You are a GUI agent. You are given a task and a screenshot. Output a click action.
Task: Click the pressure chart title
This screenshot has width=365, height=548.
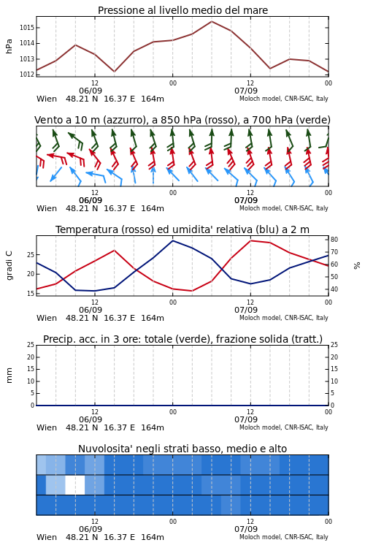pyautogui.click(x=182, y=10)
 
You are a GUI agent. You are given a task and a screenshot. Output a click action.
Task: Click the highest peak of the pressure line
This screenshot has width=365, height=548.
pyautogui.click(x=212, y=21)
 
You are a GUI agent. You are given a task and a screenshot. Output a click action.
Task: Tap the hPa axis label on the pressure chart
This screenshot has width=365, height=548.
pyautogui.click(x=9, y=46)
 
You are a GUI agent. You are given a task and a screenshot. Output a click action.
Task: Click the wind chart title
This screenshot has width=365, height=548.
pyautogui.click(x=182, y=120)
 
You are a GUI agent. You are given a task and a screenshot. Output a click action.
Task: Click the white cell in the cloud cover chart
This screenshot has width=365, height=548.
pyautogui.click(x=75, y=484)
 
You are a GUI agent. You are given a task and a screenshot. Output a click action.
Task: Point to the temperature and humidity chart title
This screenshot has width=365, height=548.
pyautogui.click(x=182, y=229)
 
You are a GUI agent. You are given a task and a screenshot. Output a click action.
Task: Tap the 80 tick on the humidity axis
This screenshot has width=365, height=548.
pyautogui.click(x=334, y=240)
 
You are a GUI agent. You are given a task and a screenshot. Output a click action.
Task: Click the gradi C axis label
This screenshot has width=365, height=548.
pyautogui.click(x=9, y=266)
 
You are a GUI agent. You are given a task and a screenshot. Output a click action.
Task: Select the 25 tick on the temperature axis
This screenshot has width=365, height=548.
pyautogui.click(x=31, y=255)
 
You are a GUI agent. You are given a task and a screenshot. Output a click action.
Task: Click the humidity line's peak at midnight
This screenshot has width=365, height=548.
pyautogui.click(x=172, y=240)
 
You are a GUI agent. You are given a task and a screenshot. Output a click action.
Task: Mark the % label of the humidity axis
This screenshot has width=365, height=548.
pyautogui.click(x=357, y=266)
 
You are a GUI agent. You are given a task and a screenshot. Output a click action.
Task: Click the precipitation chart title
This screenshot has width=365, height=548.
pyautogui.click(x=182, y=339)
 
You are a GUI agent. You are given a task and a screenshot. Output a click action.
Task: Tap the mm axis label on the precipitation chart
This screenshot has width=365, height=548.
pyautogui.click(x=9, y=376)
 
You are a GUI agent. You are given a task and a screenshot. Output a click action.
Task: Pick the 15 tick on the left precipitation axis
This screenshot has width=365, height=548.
pyautogui.click(x=31, y=369)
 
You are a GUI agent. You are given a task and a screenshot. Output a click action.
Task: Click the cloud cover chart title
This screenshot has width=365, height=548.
pyautogui.click(x=182, y=449)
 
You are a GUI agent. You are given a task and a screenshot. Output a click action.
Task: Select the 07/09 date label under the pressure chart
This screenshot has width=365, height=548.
pyautogui.click(x=246, y=91)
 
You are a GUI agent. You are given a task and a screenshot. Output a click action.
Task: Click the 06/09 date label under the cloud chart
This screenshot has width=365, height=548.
pyautogui.click(x=91, y=529)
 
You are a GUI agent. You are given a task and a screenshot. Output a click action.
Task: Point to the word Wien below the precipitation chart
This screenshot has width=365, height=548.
pyautogui.click(x=47, y=427)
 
